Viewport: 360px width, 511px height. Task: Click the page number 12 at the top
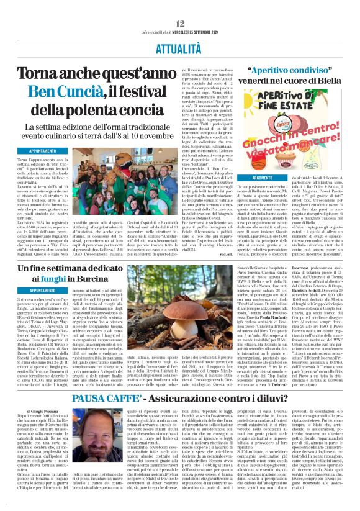tap(179, 6)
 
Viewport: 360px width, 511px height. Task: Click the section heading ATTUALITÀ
tap(180, 29)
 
